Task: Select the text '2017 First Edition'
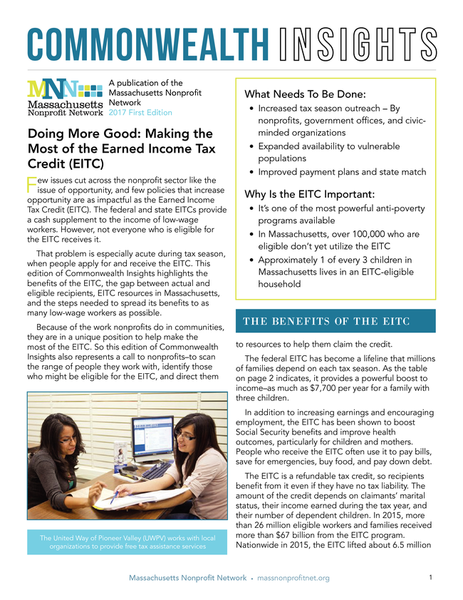(x=140, y=112)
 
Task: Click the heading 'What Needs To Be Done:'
(x=305, y=93)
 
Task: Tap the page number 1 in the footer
(x=432, y=577)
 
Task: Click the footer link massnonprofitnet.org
(x=293, y=578)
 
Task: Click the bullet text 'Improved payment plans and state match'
(x=341, y=172)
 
